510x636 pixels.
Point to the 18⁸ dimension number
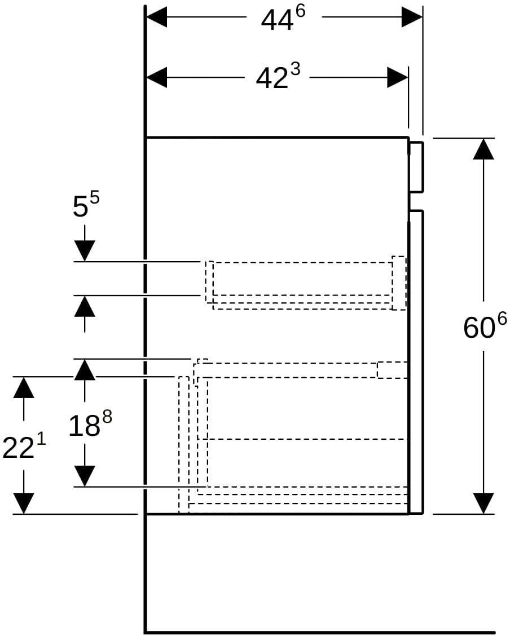90,424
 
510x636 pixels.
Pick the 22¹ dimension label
24,447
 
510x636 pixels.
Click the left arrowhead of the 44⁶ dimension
156,17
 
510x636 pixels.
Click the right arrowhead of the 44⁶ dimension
412,17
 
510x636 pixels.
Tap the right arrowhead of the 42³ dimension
397,77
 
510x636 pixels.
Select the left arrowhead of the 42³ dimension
156,77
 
